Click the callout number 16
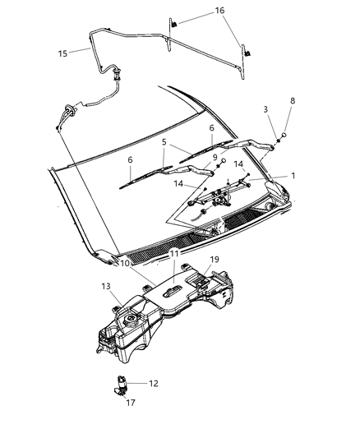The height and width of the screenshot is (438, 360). (x=219, y=11)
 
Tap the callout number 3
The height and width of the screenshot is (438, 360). (x=265, y=109)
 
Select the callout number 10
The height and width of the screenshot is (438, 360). (x=124, y=265)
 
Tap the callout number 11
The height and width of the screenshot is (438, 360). (x=173, y=255)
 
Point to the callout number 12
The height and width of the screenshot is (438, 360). (x=153, y=382)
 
